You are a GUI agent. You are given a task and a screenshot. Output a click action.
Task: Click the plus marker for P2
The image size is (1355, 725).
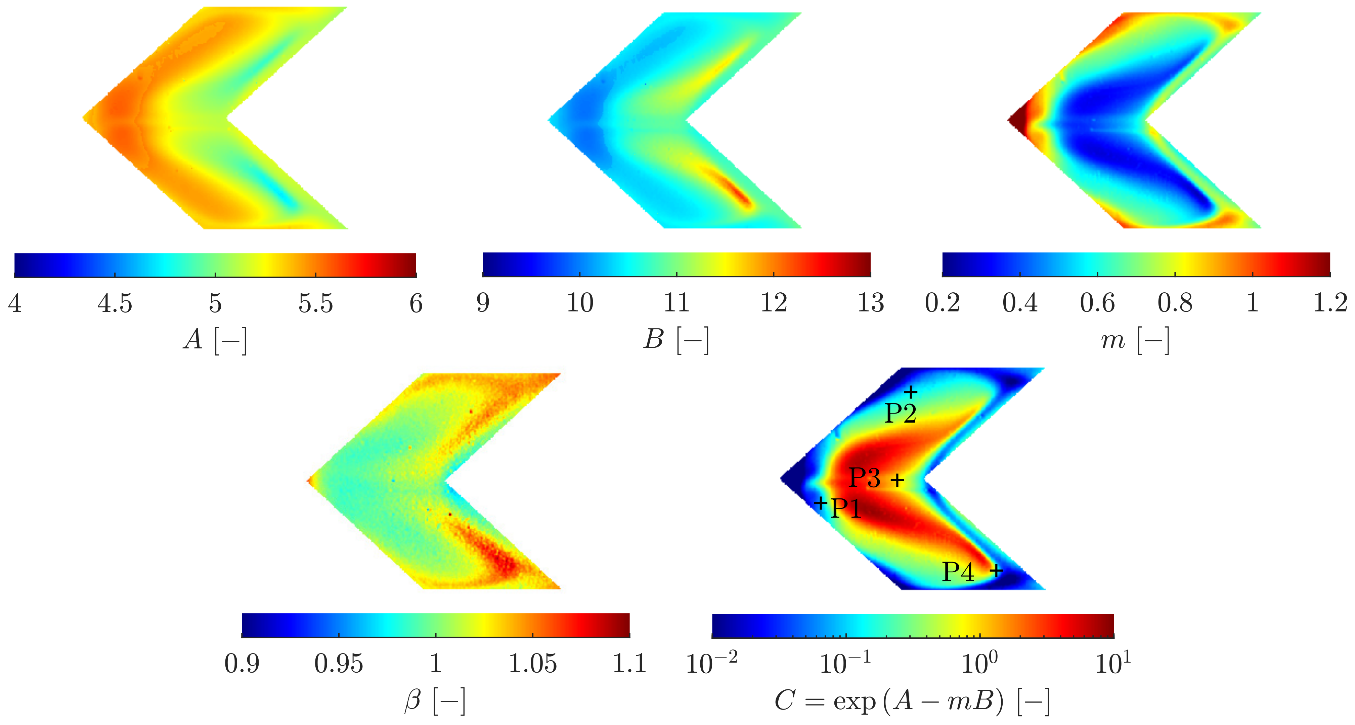click(911, 392)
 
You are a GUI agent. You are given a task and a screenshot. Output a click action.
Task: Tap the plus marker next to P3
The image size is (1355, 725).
click(898, 480)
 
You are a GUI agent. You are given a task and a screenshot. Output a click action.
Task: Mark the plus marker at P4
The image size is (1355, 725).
click(996, 570)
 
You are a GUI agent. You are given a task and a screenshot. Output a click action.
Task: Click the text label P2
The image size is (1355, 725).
click(901, 414)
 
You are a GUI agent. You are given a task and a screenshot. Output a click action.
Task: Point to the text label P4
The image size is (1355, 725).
click(958, 572)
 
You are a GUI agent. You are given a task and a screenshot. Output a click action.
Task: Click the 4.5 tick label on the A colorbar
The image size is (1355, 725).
click(115, 303)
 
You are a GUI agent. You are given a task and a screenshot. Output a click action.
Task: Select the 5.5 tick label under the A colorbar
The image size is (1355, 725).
click(316, 303)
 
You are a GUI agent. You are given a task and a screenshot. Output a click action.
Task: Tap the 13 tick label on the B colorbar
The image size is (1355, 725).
click(871, 303)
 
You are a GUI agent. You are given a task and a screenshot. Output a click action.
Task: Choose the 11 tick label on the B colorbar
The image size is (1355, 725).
click(676, 303)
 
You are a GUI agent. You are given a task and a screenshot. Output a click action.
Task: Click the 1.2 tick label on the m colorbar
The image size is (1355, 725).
click(1330, 303)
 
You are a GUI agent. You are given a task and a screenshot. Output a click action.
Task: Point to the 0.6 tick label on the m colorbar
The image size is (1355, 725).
click(1097, 303)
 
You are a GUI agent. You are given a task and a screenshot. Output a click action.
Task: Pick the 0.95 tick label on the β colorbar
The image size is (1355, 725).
click(339, 664)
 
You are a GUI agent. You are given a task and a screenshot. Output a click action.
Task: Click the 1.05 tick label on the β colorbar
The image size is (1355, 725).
click(532, 664)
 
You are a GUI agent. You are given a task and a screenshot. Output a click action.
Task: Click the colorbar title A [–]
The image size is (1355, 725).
click(215, 340)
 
